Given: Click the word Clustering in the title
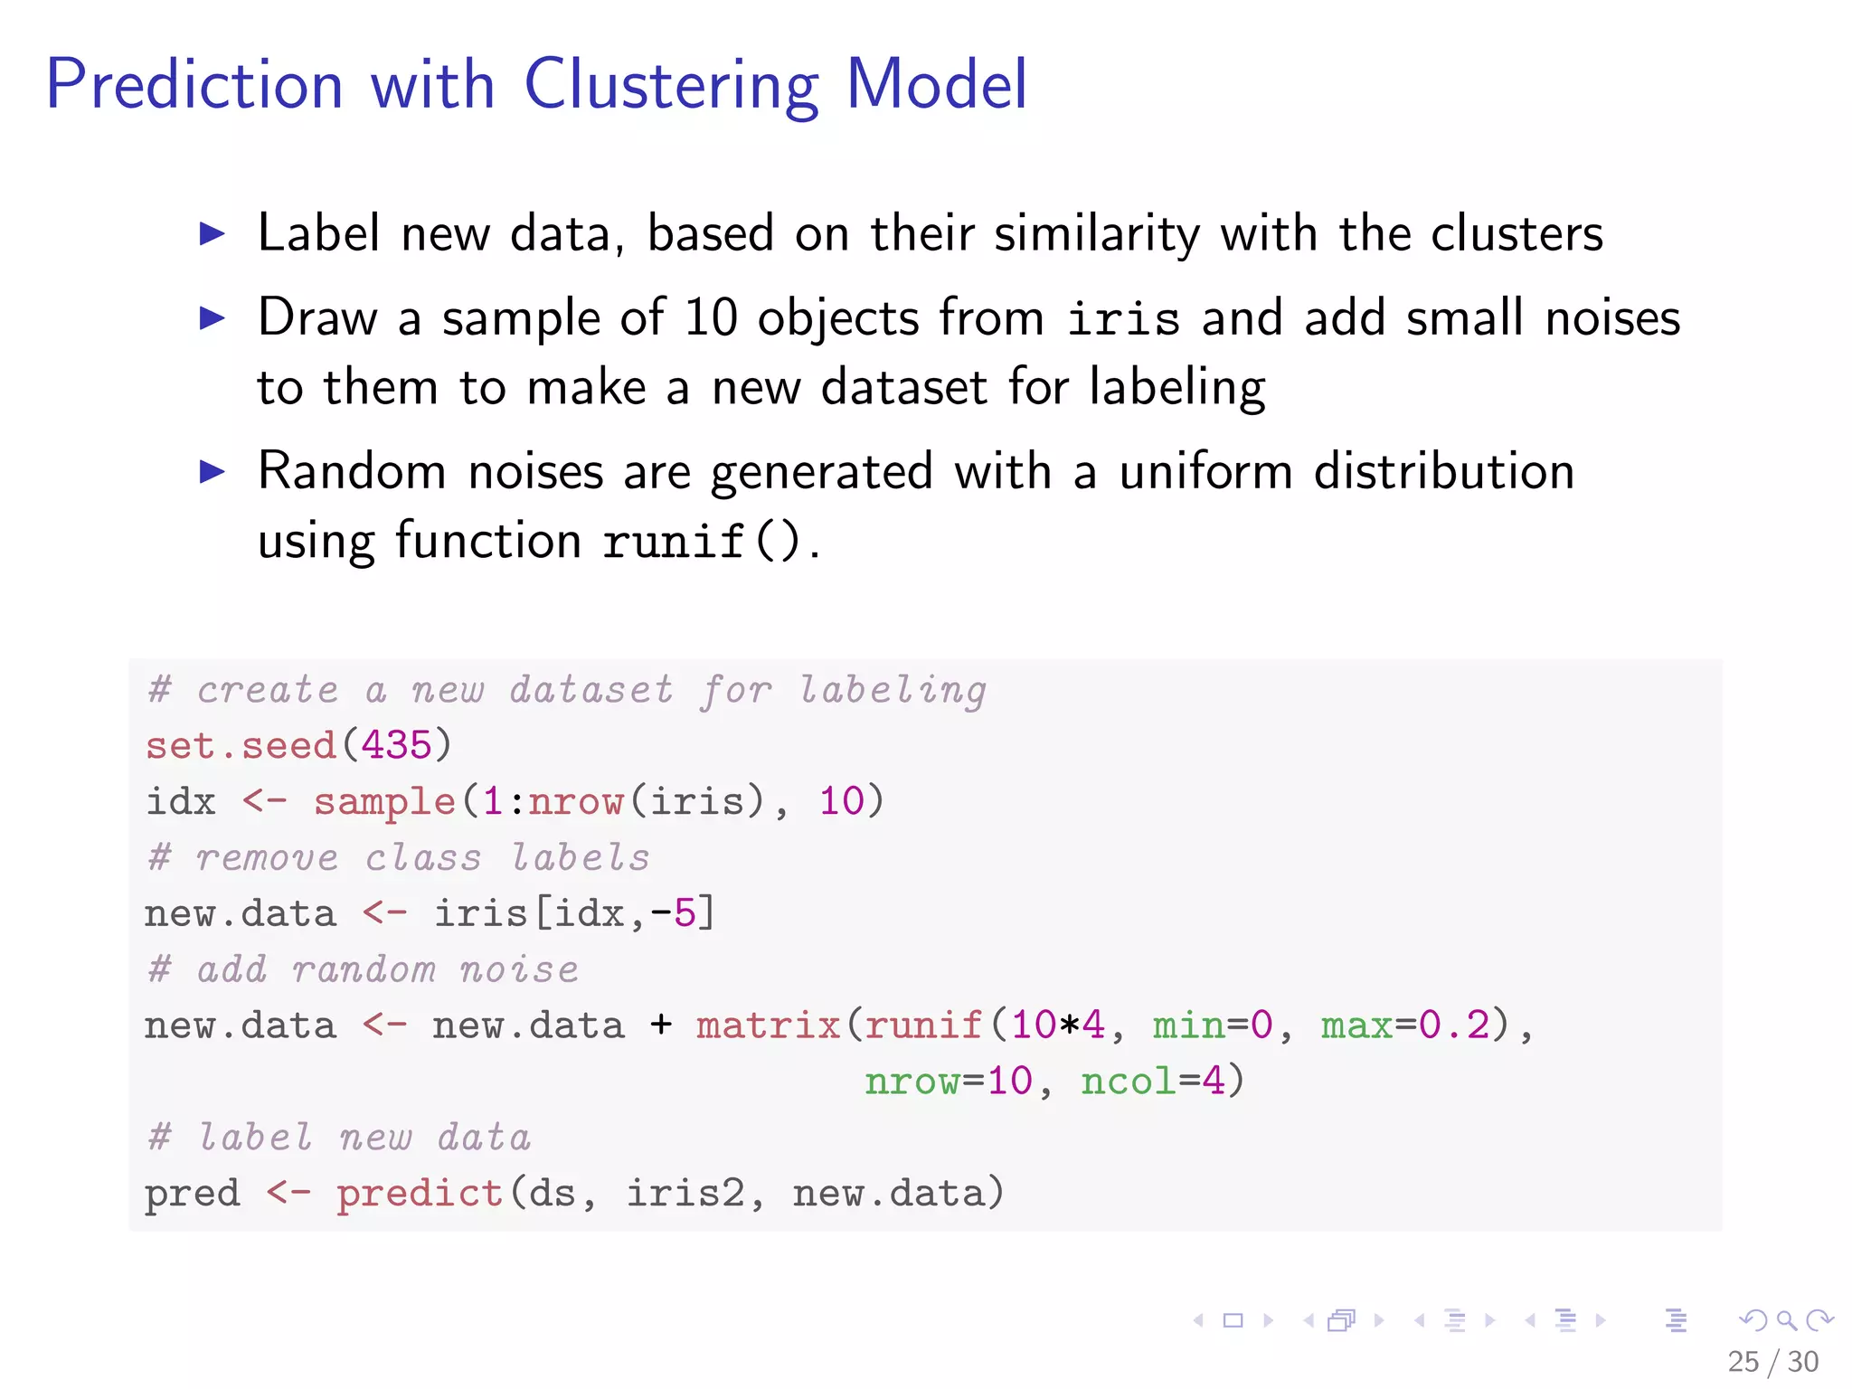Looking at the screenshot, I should pyautogui.click(x=671, y=85).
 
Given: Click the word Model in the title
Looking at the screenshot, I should pyautogui.click(x=936, y=85).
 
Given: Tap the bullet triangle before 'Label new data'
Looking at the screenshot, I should pyautogui.click(x=212, y=234).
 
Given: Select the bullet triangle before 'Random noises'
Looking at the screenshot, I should pyautogui.click(x=212, y=471).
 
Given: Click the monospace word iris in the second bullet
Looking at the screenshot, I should pyautogui.click(x=1123, y=319).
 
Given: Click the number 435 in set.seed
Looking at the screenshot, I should pyautogui.click(x=396, y=745).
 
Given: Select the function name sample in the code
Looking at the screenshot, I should pyautogui.click(x=384, y=802).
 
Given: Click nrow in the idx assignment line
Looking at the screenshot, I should pyautogui.click(x=576, y=802).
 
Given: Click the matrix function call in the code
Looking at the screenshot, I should pyautogui.click(x=768, y=1025).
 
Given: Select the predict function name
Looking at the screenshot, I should pyautogui.click(x=420, y=1194).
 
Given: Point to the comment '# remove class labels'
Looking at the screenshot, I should pyautogui.click(x=399, y=857).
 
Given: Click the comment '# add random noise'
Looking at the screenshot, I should pyautogui.click(x=363, y=969).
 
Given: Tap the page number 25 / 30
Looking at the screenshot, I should pyautogui.click(x=1772, y=1362).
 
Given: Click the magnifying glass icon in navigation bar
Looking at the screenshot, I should pyautogui.click(x=1786, y=1320).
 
